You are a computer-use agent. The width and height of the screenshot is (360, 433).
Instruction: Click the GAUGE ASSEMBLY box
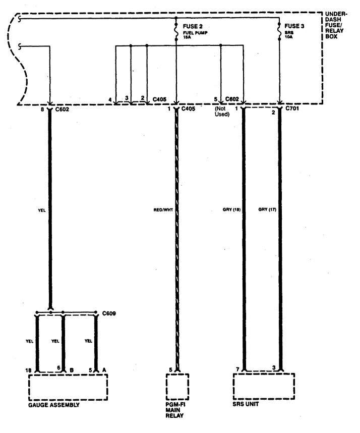point(68,388)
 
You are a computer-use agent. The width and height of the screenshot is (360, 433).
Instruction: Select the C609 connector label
point(108,313)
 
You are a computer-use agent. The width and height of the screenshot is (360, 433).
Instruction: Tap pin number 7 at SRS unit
point(237,370)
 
